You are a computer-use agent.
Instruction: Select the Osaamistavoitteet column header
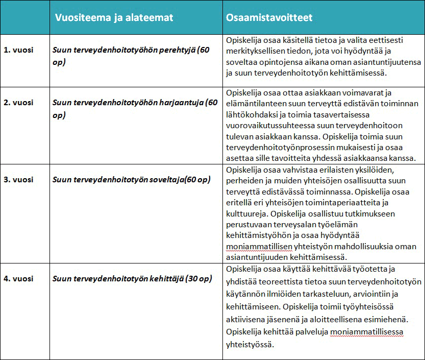pos(269,17)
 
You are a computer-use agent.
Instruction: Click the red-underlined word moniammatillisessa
pos(367,333)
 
